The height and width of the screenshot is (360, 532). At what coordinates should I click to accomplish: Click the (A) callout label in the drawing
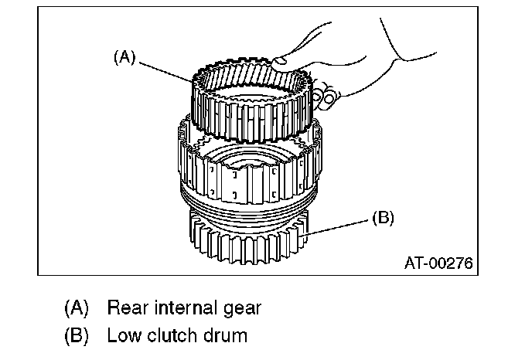coord(124,56)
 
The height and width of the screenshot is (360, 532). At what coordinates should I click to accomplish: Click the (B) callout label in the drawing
coord(382,219)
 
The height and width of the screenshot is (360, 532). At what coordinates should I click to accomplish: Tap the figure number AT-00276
coord(438,262)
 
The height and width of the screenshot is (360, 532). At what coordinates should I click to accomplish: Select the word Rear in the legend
coord(126,307)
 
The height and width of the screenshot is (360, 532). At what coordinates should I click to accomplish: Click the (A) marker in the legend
coord(76,308)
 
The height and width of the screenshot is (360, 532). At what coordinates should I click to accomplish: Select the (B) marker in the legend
coord(76,336)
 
